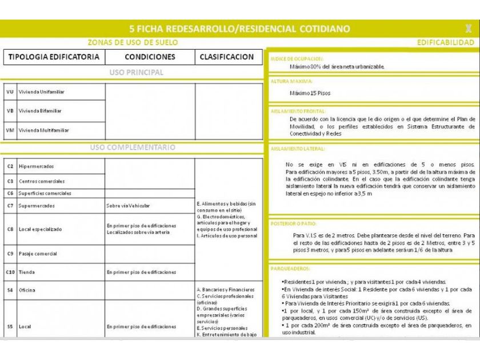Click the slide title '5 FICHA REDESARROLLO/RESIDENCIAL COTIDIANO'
coord(240,29)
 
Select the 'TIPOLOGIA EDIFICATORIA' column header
coord(54,57)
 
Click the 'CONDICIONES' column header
coord(150,57)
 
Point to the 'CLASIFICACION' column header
coord(227,57)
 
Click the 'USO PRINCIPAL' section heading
coord(136,73)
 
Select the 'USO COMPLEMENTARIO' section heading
coord(133,147)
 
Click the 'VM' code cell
coord(10,130)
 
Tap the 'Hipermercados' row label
coord(36,166)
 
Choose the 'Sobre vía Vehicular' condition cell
coord(128,206)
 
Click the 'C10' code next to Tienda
coord(10,272)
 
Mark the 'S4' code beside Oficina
coord(10,290)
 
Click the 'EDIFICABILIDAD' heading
coord(445,42)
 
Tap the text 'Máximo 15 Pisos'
coord(310,93)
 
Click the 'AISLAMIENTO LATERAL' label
coord(298,149)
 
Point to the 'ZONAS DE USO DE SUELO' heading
coord(133,42)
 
